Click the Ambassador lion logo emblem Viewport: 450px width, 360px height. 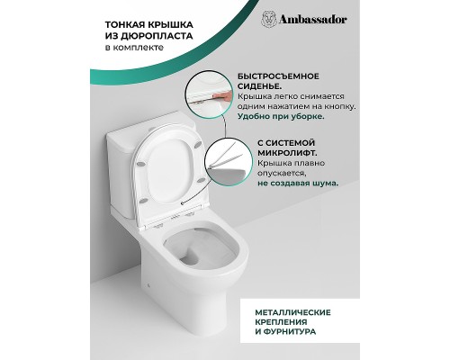[269, 20]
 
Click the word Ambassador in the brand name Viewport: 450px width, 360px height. [313, 20]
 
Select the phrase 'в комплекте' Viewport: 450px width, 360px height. [134, 48]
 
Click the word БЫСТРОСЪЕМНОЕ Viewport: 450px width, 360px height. [278, 76]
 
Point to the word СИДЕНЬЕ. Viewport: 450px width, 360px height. [259, 86]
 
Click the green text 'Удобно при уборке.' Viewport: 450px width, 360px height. [281, 116]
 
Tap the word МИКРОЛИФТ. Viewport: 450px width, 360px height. [287, 153]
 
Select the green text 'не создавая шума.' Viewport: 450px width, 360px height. [298, 183]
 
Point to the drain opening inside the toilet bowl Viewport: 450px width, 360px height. [190, 257]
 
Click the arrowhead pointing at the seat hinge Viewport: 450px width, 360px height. [183, 203]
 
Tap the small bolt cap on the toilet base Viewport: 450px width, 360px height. [148, 285]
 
